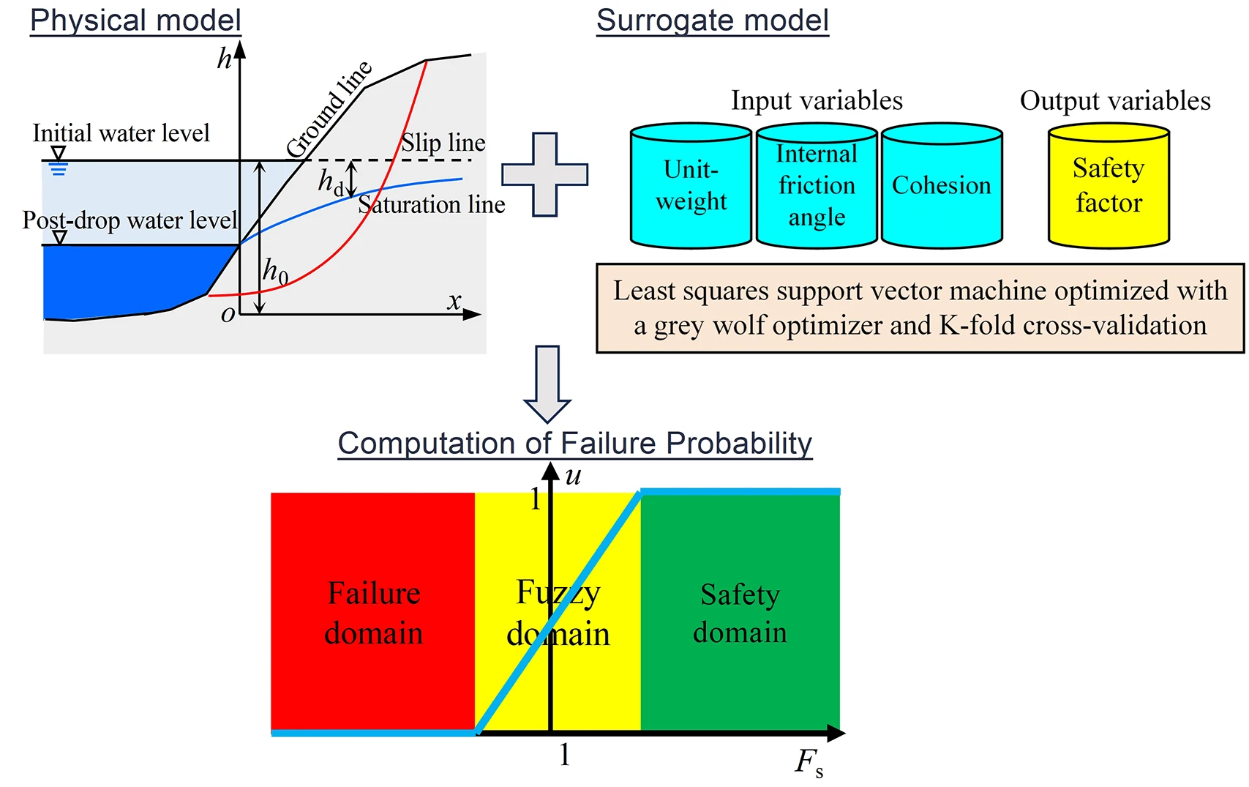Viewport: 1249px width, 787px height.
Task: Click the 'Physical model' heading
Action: click(x=135, y=20)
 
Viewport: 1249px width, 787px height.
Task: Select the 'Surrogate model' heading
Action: click(x=712, y=20)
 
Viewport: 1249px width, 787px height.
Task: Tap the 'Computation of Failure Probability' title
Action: click(x=574, y=444)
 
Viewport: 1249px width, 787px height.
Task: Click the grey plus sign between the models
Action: click(x=544, y=174)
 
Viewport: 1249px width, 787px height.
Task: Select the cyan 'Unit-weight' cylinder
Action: click(x=691, y=186)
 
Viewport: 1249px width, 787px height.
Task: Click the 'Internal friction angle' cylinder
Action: click(x=817, y=186)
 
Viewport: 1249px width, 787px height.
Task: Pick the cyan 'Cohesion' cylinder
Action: click(x=942, y=186)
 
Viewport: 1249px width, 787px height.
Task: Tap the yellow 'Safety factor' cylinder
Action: click(x=1109, y=186)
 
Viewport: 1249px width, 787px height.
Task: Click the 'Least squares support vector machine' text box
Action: click(x=920, y=308)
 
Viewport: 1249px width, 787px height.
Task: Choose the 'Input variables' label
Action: click(x=817, y=100)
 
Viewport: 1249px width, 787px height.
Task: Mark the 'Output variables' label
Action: click(x=1115, y=100)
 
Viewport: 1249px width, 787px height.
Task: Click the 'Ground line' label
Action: click(x=329, y=110)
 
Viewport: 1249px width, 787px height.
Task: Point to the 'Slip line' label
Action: click(x=443, y=142)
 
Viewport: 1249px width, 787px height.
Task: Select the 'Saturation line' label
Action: click(x=432, y=204)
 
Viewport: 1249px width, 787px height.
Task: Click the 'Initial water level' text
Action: click(x=121, y=133)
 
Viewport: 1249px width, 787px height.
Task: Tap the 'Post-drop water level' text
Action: click(x=130, y=220)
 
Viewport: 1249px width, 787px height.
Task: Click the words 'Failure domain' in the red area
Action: click(x=373, y=613)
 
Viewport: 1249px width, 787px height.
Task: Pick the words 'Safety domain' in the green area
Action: click(x=740, y=613)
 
